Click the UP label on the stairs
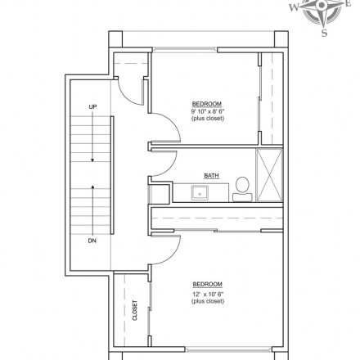pyautogui.click(x=92, y=106)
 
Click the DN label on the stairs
pyautogui.click(x=92, y=241)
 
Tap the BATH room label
pyautogui.click(x=212, y=176)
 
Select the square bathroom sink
pyautogui.click(x=200, y=193)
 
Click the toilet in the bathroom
pyautogui.click(x=242, y=189)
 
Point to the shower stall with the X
pyautogui.click(x=270, y=174)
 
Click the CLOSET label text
pyautogui.click(x=135, y=310)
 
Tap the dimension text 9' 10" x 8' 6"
pyautogui.click(x=208, y=111)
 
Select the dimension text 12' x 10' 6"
pyautogui.click(x=208, y=294)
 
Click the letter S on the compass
pyautogui.click(x=324, y=33)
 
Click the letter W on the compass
pyautogui.click(x=294, y=7)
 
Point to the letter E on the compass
pyautogui.click(x=349, y=3)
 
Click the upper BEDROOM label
pyautogui.click(x=207, y=104)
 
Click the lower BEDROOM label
pyautogui.click(x=208, y=284)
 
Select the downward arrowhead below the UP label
pyautogui.click(x=92, y=160)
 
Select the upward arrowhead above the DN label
pyautogui.click(x=92, y=187)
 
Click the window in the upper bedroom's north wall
pyautogui.click(x=185, y=49)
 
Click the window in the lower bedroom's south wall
pyautogui.click(x=228, y=349)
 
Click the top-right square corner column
pyautogui.click(x=281, y=39)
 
